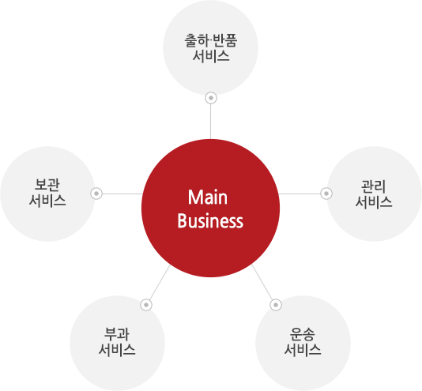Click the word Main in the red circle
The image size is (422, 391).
[x=208, y=197]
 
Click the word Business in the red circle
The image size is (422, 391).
[x=210, y=221]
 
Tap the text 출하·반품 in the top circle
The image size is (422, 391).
[x=210, y=40]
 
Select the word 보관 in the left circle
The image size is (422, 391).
[x=47, y=185]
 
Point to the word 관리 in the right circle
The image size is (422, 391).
[x=373, y=186]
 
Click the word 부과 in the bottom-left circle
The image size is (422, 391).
[x=117, y=334]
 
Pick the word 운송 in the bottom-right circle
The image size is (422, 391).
[x=302, y=334]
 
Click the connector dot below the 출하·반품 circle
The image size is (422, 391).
[x=211, y=98]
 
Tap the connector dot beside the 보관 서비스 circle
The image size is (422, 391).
[x=96, y=194]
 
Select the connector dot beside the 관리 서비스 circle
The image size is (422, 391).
[x=326, y=194]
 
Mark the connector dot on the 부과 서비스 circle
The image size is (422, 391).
[x=146, y=305]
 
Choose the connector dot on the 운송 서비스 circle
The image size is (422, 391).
[x=276, y=305]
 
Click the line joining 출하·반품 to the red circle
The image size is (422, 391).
[x=210, y=122]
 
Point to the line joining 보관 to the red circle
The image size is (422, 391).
[x=122, y=194]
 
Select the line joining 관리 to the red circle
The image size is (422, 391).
[x=300, y=194]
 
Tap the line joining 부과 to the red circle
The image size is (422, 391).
[x=160, y=283]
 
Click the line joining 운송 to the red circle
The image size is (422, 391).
[x=262, y=282]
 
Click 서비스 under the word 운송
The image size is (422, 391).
[x=303, y=350]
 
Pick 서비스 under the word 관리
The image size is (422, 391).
[x=374, y=202]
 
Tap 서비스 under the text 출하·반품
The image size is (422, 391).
[x=211, y=56]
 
